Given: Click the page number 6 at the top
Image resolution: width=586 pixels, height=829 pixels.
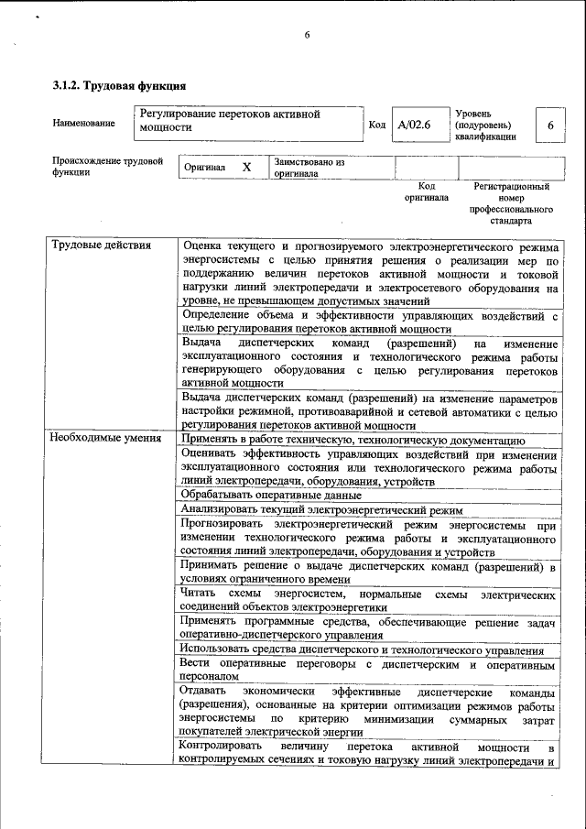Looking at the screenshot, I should [308, 35].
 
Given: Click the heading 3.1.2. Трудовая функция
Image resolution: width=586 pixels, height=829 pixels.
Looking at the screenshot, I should [119, 86].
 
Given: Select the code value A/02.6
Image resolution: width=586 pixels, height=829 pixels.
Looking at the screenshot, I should [414, 125].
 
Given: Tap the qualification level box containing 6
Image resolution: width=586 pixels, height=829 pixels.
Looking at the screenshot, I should [549, 125].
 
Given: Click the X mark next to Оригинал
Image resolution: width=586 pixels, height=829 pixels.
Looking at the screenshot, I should [246, 168].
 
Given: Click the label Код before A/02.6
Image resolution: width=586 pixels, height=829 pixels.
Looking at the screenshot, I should [376, 125].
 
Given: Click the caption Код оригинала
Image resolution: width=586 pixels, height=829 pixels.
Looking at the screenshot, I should [426, 191].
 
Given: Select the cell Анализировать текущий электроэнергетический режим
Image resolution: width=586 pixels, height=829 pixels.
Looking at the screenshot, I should [321, 510].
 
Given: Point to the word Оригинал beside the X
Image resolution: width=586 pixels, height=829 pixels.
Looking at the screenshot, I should [204, 169].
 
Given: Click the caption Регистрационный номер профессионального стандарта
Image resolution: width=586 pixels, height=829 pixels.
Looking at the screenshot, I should [511, 203].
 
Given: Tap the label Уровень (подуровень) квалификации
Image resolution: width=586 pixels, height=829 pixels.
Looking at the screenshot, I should [484, 125].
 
